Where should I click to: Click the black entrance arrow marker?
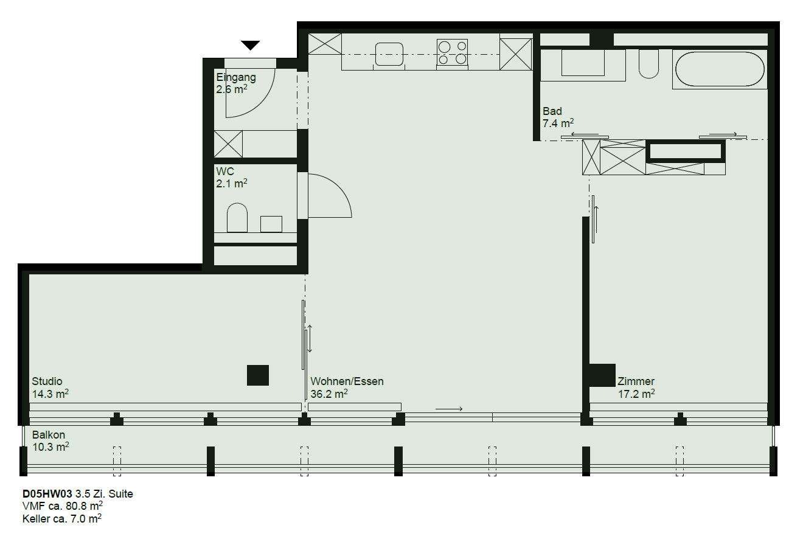pyautogui.click(x=250, y=45)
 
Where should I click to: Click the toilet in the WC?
pyautogui.click(x=237, y=218)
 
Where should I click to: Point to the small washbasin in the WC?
pyautogui.click(x=271, y=224)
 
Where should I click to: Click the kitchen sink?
pyautogui.click(x=389, y=54)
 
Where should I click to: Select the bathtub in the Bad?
pyautogui.click(x=720, y=69)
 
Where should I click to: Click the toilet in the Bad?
pyautogui.click(x=648, y=64)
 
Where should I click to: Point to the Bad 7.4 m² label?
pyautogui.click(x=558, y=117)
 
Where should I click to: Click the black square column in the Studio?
pyautogui.click(x=258, y=375)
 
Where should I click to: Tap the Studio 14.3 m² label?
pyautogui.click(x=50, y=387)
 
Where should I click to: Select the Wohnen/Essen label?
pyautogui.click(x=347, y=381)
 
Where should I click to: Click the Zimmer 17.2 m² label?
pyautogui.click(x=636, y=387)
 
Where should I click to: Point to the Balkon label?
pyautogui.click(x=49, y=435)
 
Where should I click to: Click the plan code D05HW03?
pyautogui.click(x=47, y=494)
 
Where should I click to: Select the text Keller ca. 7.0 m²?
pyautogui.click(x=61, y=518)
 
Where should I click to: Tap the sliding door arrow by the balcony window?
pyautogui.click(x=449, y=409)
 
